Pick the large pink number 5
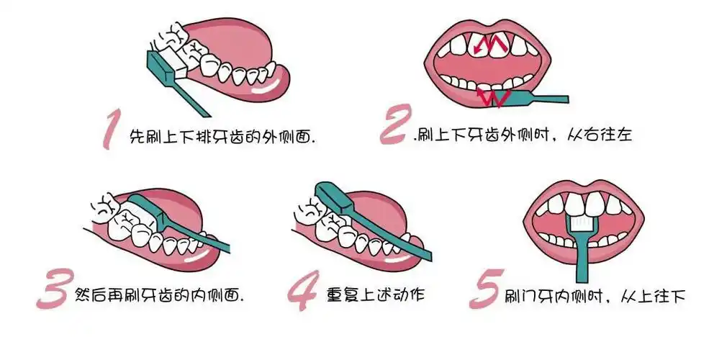pos(485,291)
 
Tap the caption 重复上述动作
pos(386,294)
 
